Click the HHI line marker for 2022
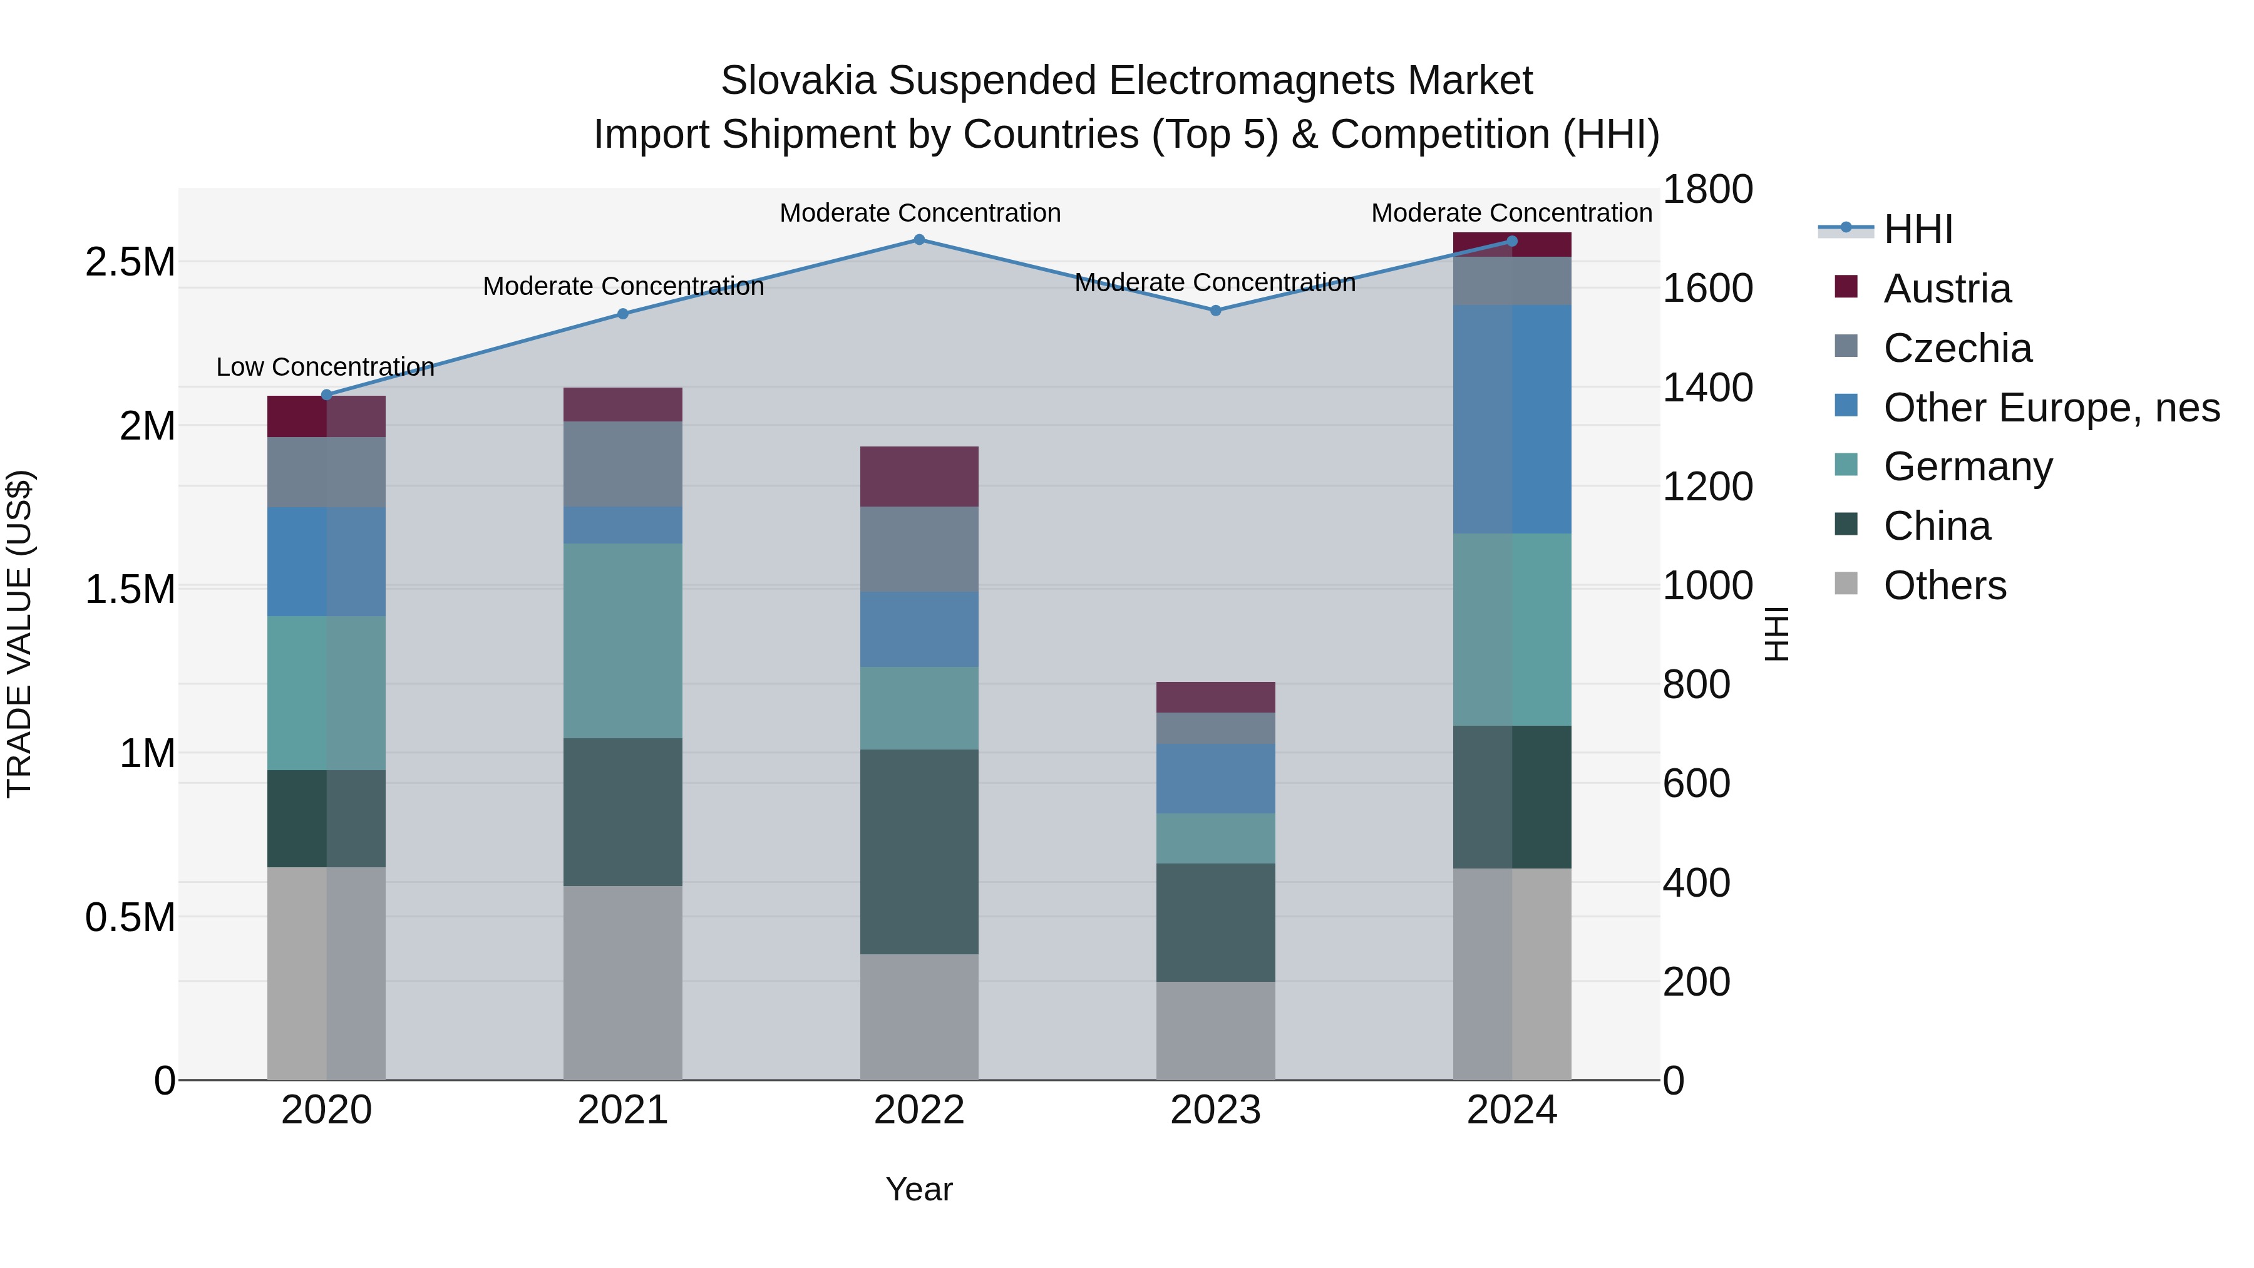point(919,240)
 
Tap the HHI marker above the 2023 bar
point(1215,311)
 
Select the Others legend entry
point(1943,585)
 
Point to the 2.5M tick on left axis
point(130,262)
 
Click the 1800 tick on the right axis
point(1707,190)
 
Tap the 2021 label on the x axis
point(623,1110)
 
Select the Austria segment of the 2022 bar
point(919,477)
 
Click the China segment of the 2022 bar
point(919,852)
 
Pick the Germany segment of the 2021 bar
point(623,641)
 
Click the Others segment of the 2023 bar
point(1215,1030)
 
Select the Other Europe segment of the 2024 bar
point(1512,419)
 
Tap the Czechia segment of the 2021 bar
point(623,464)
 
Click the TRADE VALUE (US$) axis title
point(19,634)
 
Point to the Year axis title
point(919,1189)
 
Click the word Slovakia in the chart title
point(797,81)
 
